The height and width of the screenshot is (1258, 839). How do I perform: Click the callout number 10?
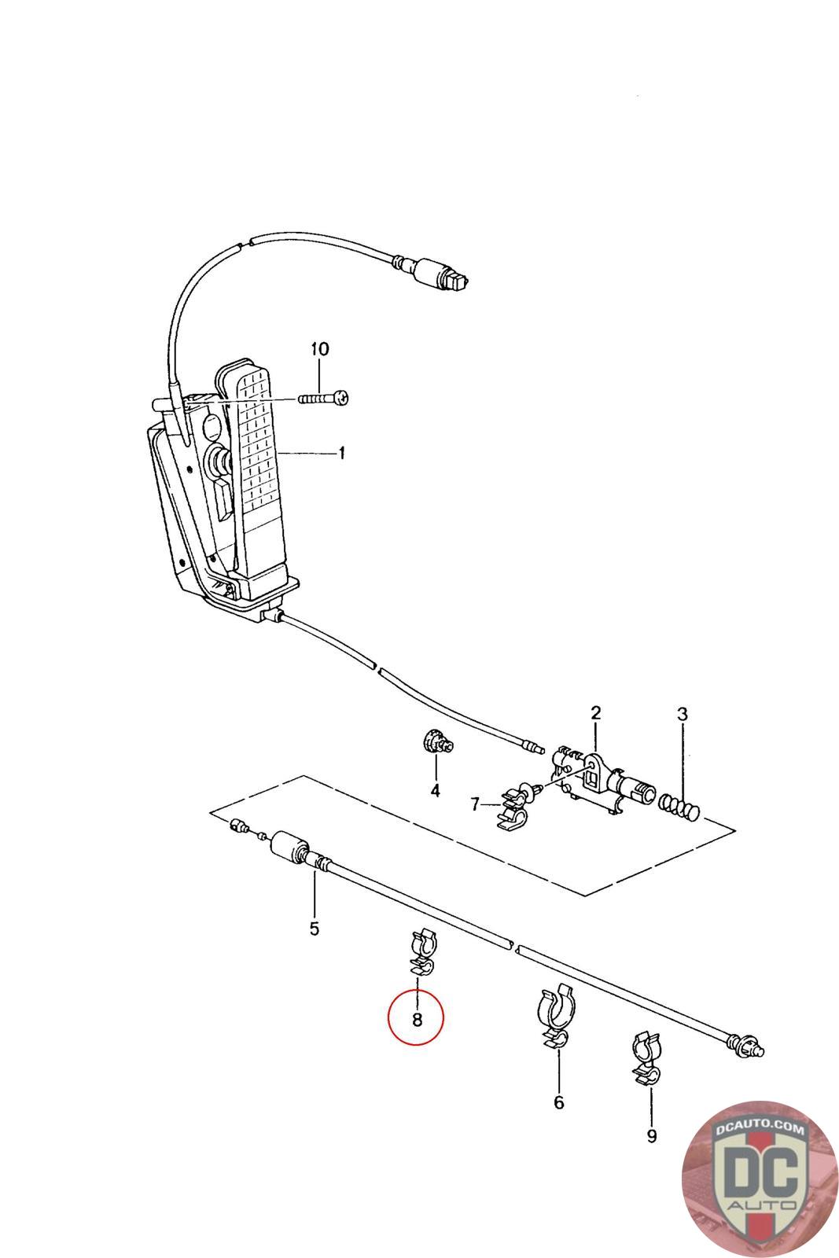pyautogui.click(x=320, y=348)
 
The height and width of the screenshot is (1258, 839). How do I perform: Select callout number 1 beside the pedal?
pyautogui.click(x=341, y=454)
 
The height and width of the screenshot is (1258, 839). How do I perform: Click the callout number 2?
pyautogui.click(x=595, y=713)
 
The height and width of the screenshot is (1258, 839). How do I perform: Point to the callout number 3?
pyautogui.click(x=683, y=715)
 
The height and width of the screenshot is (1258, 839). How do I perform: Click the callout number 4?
pyautogui.click(x=435, y=790)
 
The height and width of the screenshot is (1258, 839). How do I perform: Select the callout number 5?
pyautogui.click(x=314, y=929)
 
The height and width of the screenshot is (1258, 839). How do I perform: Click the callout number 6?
pyautogui.click(x=559, y=1103)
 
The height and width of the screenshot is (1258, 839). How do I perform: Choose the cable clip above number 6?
pyautogui.click(x=557, y=1015)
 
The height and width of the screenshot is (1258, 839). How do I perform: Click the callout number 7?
pyautogui.click(x=474, y=804)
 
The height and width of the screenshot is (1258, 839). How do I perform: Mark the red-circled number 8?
pyautogui.click(x=417, y=1020)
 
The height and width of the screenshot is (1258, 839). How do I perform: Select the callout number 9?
pyautogui.click(x=651, y=1136)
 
